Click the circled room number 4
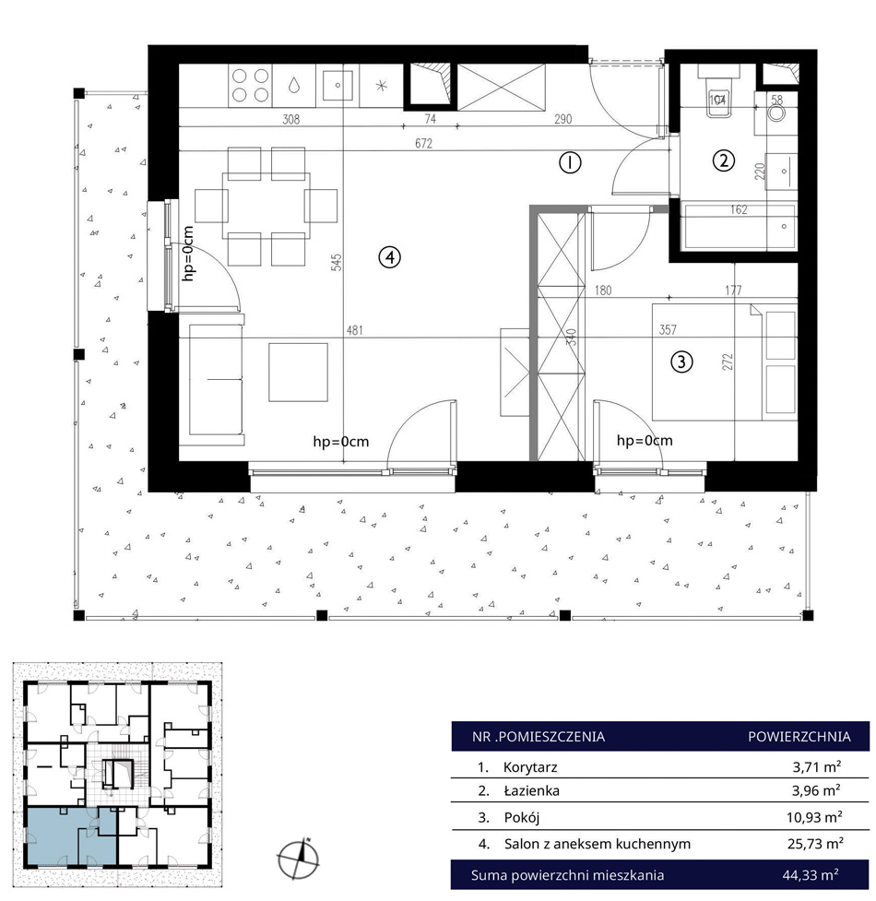point(389,257)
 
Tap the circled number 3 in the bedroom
point(681,362)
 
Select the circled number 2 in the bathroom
point(724,160)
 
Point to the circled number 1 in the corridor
point(570,163)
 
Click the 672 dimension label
point(423,143)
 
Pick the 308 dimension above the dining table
point(291,120)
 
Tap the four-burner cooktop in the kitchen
point(251,85)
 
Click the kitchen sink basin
point(337,85)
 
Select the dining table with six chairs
point(266,206)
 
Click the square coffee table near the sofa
point(298,373)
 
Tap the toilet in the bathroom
point(719,96)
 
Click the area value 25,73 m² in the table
point(815,844)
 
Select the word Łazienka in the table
point(531,790)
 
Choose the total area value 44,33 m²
point(811,875)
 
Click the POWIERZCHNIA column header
point(799,737)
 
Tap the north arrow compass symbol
point(298,859)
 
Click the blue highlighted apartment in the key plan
point(71,836)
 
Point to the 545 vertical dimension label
point(337,262)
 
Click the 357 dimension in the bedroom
point(668,330)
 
